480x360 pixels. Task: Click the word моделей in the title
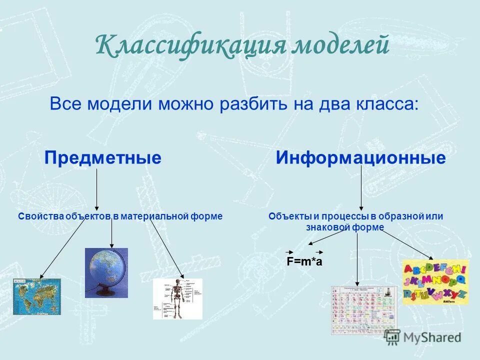coord(340,45)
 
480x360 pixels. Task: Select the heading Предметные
coord(103,158)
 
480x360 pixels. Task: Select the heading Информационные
coord(360,158)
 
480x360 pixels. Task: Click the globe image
coord(106,270)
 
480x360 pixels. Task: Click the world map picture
coord(36,296)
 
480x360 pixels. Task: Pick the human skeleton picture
coord(177,298)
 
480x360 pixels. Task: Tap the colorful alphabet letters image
coord(435,282)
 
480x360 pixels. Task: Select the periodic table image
coord(364,309)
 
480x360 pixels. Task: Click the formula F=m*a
coord(304,261)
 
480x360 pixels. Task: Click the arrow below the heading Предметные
coord(96,189)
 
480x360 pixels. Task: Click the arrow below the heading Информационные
coord(361,187)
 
